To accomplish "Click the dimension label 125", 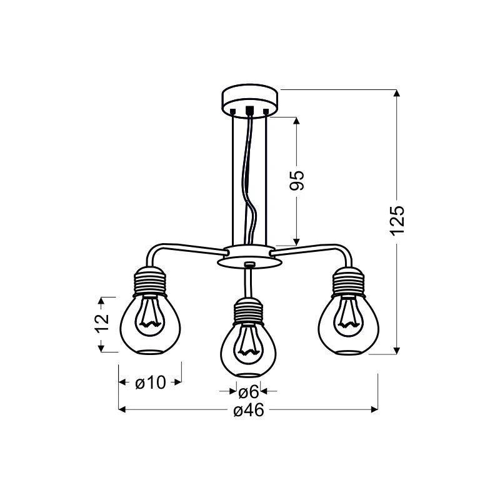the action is (x=397, y=221).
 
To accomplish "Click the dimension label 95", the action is (x=297, y=181).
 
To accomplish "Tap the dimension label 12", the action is (x=102, y=323).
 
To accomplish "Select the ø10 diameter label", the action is (x=151, y=382).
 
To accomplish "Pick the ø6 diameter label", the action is (x=248, y=392).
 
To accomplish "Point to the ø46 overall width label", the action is (x=249, y=410).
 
